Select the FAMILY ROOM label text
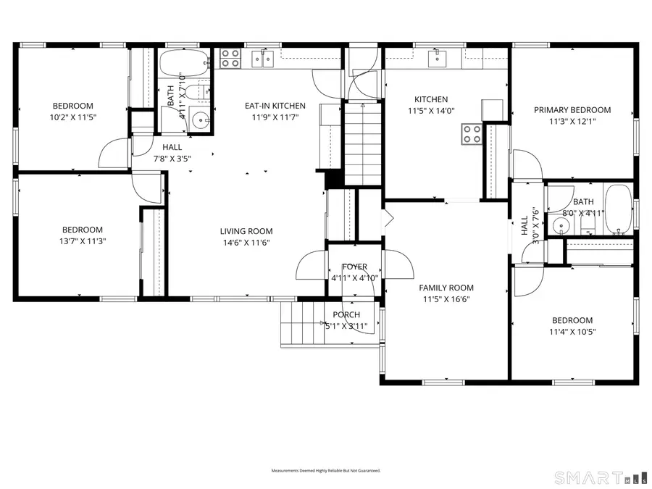coord(446,288)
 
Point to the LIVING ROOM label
coord(246,231)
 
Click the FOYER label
coord(355,267)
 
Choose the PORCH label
coord(346,314)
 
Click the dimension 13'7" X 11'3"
coord(82,241)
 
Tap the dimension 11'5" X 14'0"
coord(431,111)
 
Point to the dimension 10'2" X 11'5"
coord(72,117)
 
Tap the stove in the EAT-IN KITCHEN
coord(230,58)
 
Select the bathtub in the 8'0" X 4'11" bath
coord(618,211)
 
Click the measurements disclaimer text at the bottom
coord(325,471)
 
